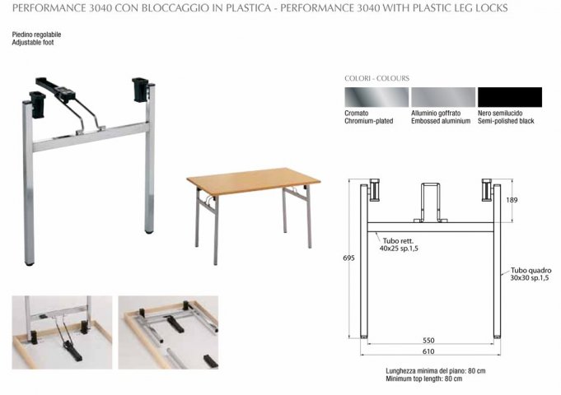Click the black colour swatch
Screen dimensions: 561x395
click(510, 97)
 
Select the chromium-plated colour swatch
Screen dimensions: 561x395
click(376, 97)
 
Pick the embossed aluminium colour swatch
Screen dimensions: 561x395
click(443, 97)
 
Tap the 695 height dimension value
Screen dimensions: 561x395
click(348, 258)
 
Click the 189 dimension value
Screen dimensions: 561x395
click(512, 200)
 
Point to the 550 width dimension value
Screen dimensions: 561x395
click(428, 341)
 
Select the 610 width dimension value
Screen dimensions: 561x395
click(428, 351)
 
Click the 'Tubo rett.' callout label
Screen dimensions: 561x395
click(398, 241)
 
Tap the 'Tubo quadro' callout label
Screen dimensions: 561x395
click(531, 270)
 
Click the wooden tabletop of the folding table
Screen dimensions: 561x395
click(253, 180)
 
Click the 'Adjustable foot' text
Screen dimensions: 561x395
click(33, 42)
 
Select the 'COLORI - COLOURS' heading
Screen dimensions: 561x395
click(376, 78)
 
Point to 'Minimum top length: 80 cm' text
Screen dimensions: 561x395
click(424, 379)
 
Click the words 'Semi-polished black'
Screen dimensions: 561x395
click(506, 121)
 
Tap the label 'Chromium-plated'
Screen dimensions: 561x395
click(368, 121)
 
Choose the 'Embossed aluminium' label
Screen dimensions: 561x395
click(441, 121)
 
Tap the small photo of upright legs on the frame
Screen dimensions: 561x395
click(62, 332)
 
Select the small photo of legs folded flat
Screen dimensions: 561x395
click(169, 332)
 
